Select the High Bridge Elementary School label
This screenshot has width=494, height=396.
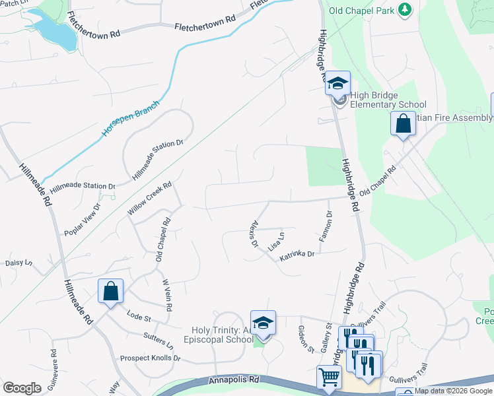388,100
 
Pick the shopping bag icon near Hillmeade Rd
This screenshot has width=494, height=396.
110,290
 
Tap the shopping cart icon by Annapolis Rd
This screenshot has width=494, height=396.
329,378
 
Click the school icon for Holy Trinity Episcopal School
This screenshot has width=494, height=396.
263,323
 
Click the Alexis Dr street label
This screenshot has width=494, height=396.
254,234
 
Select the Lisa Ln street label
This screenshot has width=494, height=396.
276,242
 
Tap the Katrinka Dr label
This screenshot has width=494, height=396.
296,255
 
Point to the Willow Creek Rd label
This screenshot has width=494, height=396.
149,199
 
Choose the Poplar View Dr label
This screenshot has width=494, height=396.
82,220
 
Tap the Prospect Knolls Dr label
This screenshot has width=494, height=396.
150,358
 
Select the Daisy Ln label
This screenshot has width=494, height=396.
18,263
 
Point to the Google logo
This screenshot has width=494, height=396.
22,388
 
